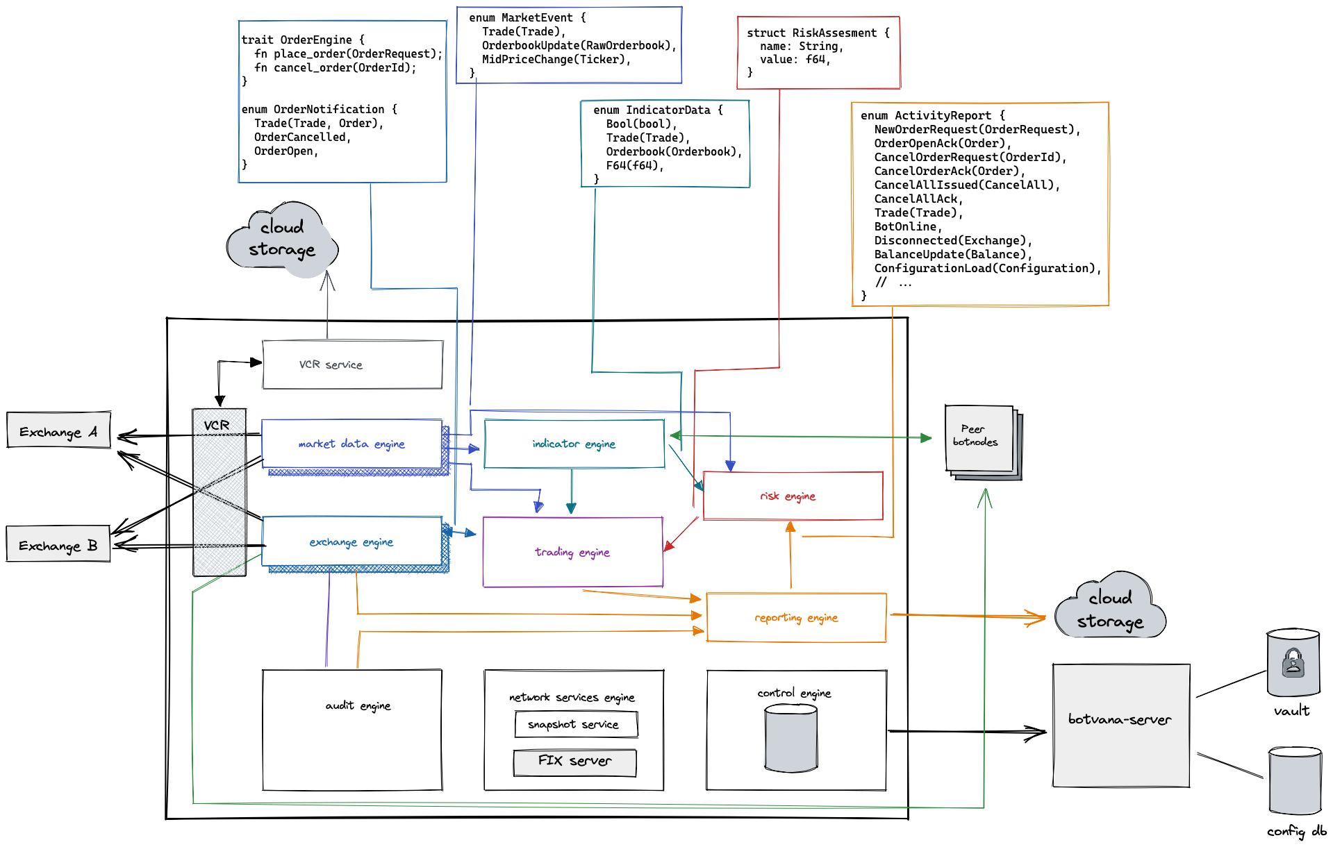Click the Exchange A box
click(x=58, y=430)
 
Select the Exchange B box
click(x=58, y=544)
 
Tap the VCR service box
click(x=352, y=364)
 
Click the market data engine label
click(x=351, y=444)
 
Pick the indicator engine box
click(x=574, y=444)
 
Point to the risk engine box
click(x=793, y=496)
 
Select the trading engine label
click(x=572, y=552)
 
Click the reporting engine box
click(x=796, y=617)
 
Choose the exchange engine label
click(x=351, y=542)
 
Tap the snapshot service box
click(x=576, y=724)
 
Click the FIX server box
click(x=574, y=762)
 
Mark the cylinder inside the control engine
click(x=790, y=737)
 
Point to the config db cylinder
click(x=1294, y=781)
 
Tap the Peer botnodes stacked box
click(x=979, y=439)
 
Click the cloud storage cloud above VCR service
click(x=282, y=240)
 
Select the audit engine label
click(x=358, y=705)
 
